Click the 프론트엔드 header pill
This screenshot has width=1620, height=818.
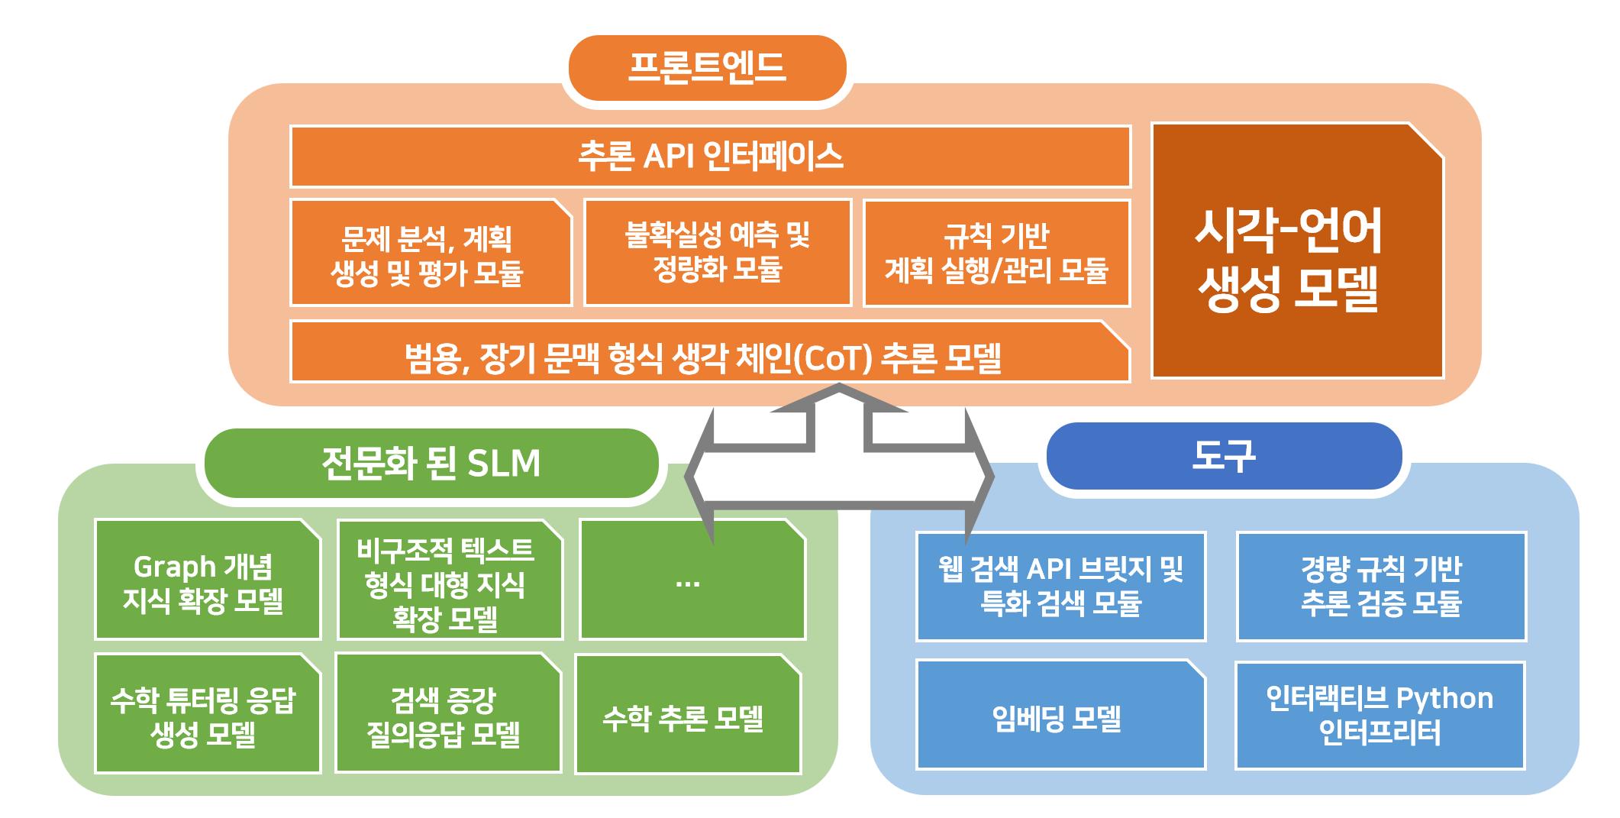707,68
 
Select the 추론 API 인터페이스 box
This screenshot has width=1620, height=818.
710,157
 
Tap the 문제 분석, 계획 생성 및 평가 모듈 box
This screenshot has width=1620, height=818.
431,254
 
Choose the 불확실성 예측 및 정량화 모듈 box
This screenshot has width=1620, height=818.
717,253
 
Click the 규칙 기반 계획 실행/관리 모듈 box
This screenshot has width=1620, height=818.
996,253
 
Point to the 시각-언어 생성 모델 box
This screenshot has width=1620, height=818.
1296,251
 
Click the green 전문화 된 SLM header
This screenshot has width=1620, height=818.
431,463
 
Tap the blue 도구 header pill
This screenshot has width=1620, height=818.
1223,456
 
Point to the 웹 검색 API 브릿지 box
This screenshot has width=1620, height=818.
1060,586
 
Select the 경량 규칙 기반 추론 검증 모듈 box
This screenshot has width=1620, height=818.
1380,586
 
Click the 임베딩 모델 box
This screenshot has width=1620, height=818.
1060,716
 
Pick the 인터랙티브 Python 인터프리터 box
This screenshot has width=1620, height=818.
1379,716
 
